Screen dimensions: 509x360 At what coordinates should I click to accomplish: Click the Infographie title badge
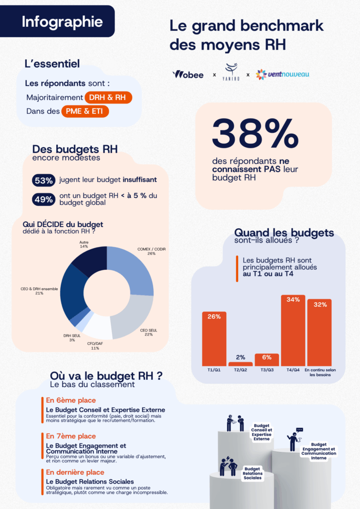click(62, 22)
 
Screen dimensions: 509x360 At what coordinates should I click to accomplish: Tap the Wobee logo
click(188, 75)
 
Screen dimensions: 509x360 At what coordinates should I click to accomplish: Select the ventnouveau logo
click(282, 75)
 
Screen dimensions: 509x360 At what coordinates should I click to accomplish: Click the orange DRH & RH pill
click(108, 98)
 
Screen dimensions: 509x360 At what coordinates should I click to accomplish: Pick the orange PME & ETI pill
click(85, 111)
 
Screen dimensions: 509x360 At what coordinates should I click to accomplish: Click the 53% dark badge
click(44, 180)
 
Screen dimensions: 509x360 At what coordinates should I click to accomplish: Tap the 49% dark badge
click(44, 199)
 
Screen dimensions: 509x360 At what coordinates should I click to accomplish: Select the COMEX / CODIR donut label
click(151, 251)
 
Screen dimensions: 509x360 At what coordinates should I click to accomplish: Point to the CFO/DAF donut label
click(95, 345)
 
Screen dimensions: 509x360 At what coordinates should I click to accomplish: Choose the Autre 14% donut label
click(84, 244)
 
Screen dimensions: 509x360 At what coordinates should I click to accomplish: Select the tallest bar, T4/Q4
click(293, 331)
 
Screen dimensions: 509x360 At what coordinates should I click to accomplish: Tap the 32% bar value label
click(319, 305)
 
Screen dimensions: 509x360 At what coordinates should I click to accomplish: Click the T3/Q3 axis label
click(267, 370)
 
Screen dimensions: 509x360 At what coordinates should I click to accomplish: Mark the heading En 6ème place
click(71, 400)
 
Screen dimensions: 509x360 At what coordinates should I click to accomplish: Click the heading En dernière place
click(75, 472)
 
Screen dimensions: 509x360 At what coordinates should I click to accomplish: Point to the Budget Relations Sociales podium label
click(253, 473)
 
